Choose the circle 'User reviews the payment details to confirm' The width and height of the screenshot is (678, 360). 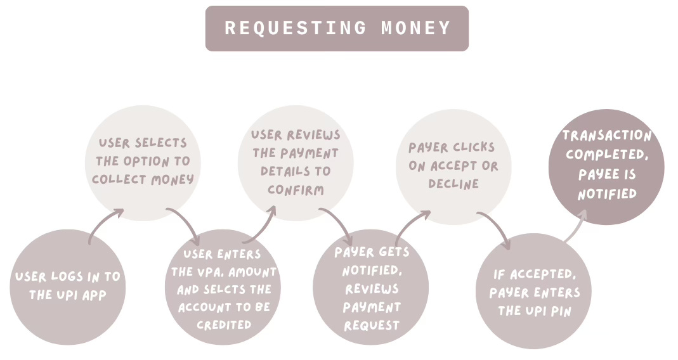tap(295, 163)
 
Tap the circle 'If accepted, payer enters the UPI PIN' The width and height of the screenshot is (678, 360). tap(533, 292)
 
